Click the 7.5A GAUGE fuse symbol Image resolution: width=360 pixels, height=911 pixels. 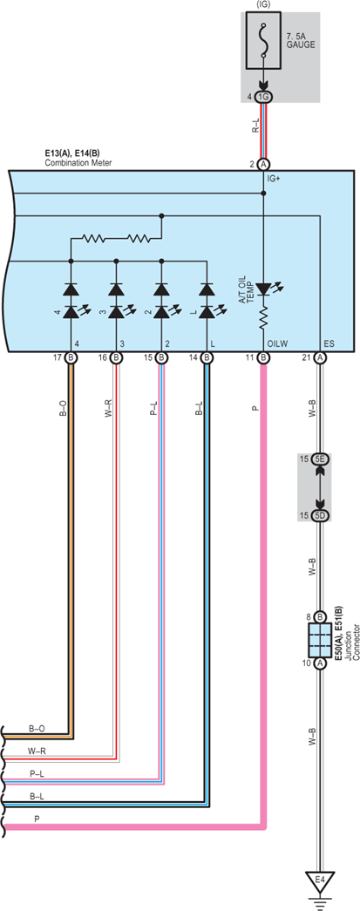point(263,41)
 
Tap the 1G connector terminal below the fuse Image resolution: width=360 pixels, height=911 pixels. point(263,97)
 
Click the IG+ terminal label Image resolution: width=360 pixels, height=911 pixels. point(274,180)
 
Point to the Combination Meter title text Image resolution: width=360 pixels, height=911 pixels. point(78,163)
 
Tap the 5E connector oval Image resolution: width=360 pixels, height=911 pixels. point(320,459)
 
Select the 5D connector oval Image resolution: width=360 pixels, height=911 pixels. point(320,515)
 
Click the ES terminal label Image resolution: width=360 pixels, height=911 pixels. point(329,344)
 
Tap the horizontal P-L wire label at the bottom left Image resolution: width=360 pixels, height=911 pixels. point(36,774)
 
